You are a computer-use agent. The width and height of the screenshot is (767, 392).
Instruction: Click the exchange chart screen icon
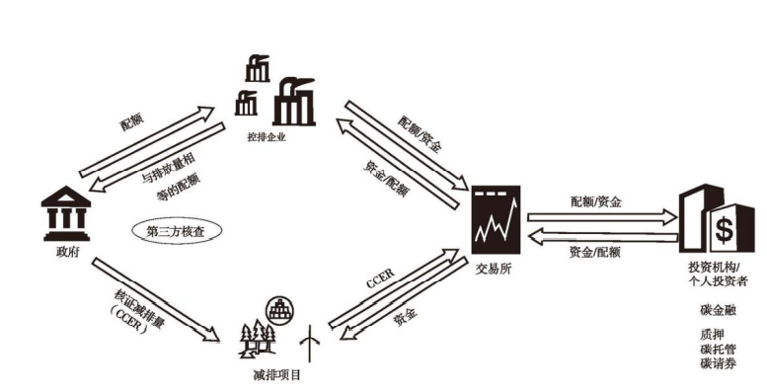pos(495,219)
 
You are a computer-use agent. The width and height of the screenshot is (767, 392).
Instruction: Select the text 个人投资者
pos(719,281)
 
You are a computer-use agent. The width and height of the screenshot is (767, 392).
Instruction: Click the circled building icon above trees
pos(276,307)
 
